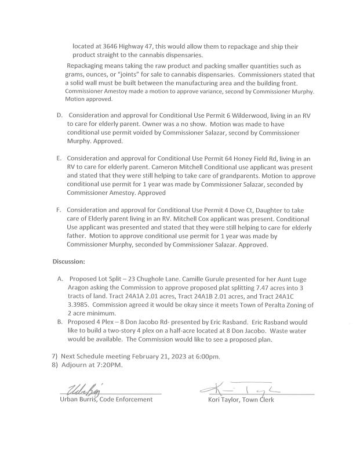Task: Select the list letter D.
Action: click(x=59, y=116)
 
